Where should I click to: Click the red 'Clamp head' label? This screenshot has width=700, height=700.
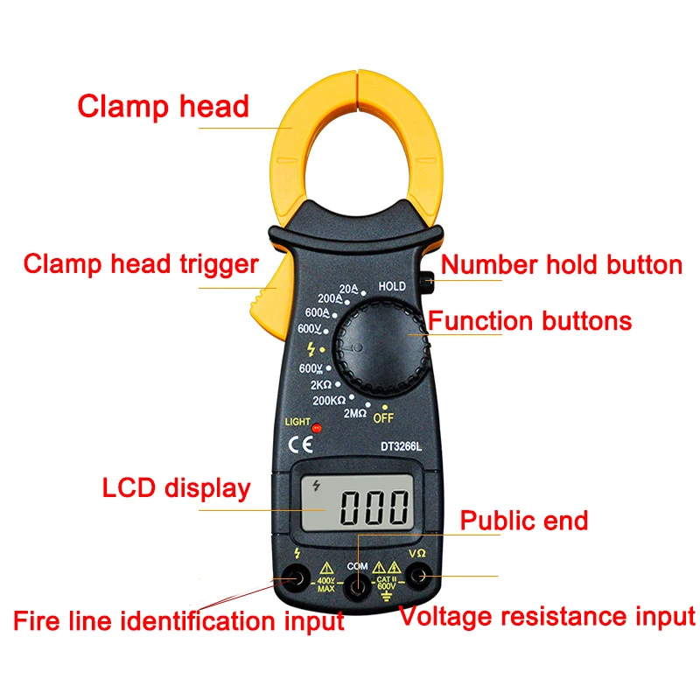coord(163,106)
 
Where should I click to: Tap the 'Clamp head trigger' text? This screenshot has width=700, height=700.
coord(141,264)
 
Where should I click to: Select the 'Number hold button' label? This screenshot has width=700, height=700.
coord(562,264)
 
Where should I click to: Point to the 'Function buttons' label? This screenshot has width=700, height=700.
coord(530,320)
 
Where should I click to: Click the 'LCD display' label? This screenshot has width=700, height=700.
coord(177,488)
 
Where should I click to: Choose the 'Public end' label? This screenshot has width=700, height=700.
coord(524,521)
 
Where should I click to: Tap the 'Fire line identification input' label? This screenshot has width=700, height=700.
coord(178,620)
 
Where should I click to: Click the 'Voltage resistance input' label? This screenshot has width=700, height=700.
coord(548,617)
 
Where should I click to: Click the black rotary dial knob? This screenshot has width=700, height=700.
coord(381,348)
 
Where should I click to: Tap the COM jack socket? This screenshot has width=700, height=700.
coord(358,587)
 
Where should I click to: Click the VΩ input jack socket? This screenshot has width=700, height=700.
coord(419,576)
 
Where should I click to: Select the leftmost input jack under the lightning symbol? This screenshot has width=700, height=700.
coord(296,578)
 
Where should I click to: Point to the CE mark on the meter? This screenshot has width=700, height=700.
coord(300,444)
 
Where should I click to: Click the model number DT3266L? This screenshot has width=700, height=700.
coord(401,446)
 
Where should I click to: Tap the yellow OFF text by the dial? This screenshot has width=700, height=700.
coord(383,418)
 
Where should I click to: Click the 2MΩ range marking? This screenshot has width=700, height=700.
coord(355,413)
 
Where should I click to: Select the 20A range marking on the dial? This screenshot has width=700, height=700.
coord(348,289)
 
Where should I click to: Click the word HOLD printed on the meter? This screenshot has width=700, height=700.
coord(392,286)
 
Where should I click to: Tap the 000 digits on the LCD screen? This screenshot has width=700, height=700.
coord(374,507)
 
